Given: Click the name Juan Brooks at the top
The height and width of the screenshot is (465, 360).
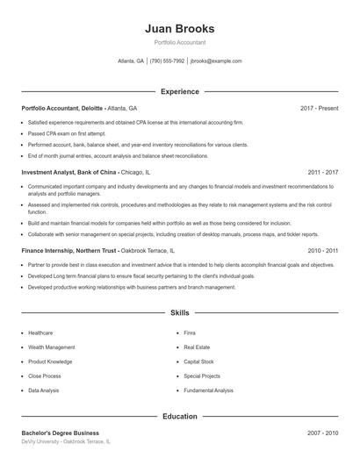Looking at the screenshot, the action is pyautogui.click(x=179, y=28).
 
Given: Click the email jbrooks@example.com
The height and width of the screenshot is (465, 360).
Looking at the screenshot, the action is pyautogui.click(x=215, y=61).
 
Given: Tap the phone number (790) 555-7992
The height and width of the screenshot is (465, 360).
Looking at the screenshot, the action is pyautogui.click(x=167, y=61).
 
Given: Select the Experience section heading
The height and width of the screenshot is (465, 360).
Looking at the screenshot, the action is pyautogui.click(x=179, y=91).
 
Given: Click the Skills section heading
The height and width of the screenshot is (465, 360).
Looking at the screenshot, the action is pyautogui.click(x=179, y=312).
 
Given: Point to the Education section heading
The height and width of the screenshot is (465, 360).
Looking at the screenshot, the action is pyautogui.click(x=179, y=416).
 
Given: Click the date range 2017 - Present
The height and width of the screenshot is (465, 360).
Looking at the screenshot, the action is pyautogui.click(x=319, y=108).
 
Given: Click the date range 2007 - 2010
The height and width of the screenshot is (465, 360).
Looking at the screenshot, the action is pyautogui.click(x=322, y=433).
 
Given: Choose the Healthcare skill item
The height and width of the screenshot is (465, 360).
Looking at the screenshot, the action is pyautogui.click(x=40, y=333).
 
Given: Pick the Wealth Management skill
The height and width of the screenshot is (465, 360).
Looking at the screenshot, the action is pyautogui.click(x=51, y=347).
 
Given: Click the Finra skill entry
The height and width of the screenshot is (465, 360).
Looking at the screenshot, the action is pyautogui.click(x=190, y=333).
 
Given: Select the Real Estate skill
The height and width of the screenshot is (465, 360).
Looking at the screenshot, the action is pyautogui.click(x=198, y=347).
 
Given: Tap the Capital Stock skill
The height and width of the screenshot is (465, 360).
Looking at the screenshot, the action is pyautogui.click(x=198, y=361).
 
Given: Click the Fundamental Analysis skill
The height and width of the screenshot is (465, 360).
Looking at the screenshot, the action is pyautogui.click(x=209, y=390).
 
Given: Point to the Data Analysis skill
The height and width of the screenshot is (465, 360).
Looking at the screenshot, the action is pyautogui.click(x=44, y=390).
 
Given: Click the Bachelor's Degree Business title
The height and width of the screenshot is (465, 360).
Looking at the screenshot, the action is pyautogui.click(x=60, y=433).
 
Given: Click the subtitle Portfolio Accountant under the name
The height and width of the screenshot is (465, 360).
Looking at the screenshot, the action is pyautogui.click(x=179, y=43).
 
